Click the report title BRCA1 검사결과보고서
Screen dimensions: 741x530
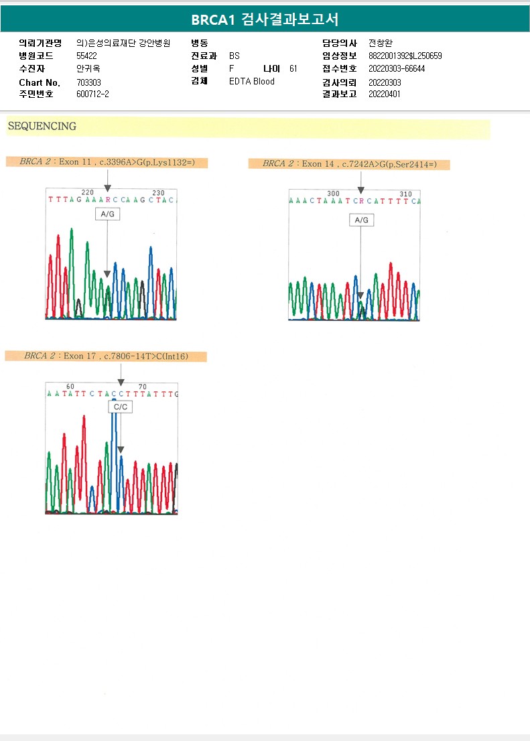[x=265, y=19]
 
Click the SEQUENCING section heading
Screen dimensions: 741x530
[x=42, y=127]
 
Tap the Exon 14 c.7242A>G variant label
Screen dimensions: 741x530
[x=349, y=164]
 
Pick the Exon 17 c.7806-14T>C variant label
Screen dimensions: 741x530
[x=106, y=356]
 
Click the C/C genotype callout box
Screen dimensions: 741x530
[x=121, y=407]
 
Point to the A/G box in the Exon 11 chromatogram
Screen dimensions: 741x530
[x=107, y=214]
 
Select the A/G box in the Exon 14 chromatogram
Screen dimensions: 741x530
[x=361, y=220]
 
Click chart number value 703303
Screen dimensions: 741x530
[x=89, y=82]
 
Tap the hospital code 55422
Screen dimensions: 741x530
[x=87, y=56]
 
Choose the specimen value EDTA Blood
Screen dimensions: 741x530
[x=252, y=82]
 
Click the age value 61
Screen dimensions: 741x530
[x=293, y=68]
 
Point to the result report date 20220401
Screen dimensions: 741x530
[x=385, y=94]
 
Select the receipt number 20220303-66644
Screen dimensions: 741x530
[x=397, y=68]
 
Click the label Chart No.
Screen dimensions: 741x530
[x=40, y=82]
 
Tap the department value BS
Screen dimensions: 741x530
[x=234, y=56]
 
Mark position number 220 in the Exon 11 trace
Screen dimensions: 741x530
[x=87, y=193]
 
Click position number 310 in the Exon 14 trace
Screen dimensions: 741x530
[x=405, y=194]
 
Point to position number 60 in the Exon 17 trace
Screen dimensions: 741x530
[x=70, y=387]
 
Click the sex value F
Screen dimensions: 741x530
[x=231, y=68]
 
